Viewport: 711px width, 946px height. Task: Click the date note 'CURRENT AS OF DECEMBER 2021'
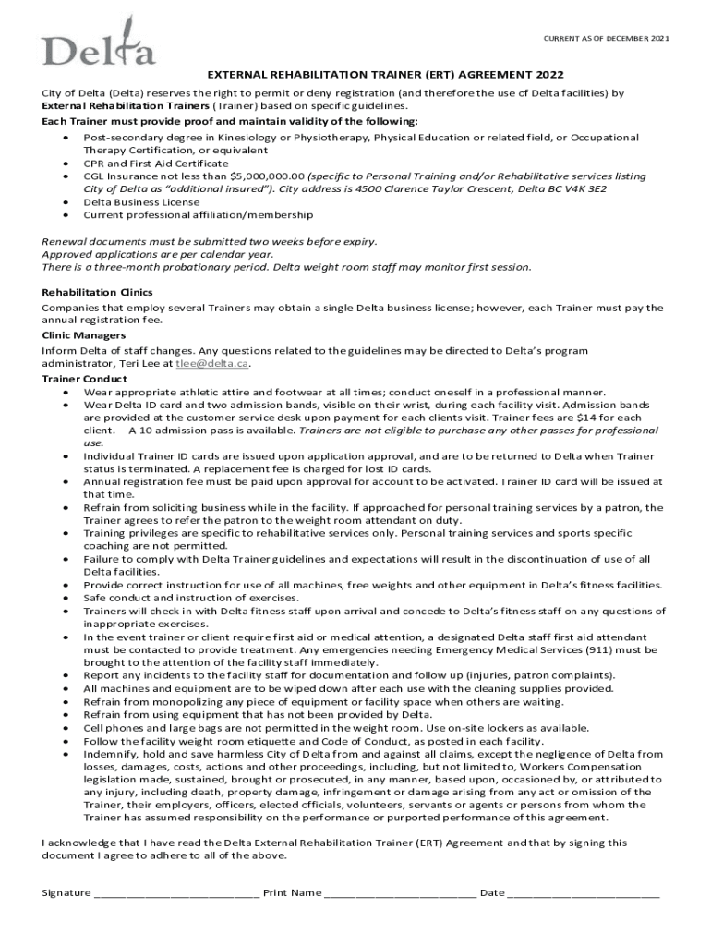(604, 38)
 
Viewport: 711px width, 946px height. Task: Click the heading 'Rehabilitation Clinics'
(97, 292)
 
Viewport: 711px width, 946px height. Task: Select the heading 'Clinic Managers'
(84, 335)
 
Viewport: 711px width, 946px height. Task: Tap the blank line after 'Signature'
(176, 892)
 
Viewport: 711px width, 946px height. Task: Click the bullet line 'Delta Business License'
(141, 201)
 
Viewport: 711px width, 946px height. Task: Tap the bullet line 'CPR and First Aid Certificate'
(155, 163)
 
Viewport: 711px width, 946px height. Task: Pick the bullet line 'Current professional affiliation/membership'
(198, 214)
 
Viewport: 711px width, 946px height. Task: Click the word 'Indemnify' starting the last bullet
(108, 754)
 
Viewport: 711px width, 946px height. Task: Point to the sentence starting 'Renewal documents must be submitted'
(209, 240)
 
